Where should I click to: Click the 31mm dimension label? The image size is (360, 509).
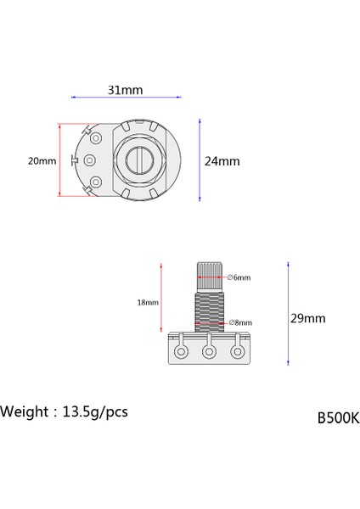125,90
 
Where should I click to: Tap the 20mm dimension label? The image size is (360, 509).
42,161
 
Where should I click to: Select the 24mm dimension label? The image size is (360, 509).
222,161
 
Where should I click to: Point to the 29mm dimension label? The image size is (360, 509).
307,318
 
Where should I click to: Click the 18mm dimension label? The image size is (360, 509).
148,303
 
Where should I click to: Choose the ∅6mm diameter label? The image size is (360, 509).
239,277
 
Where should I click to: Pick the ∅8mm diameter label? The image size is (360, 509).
240,322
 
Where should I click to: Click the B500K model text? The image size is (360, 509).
338,417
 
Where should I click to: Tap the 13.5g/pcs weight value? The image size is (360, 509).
95,412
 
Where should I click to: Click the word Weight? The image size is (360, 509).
25,411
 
